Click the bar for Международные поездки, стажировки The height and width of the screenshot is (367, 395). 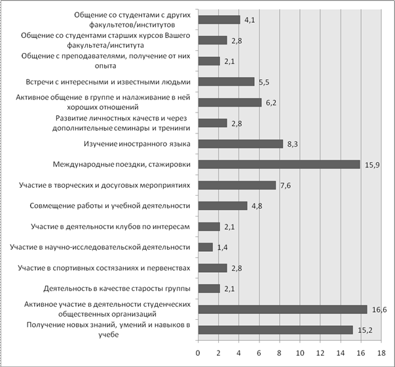pos(279,164)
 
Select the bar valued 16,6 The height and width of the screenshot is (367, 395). pos(282,309)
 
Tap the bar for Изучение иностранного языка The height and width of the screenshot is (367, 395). pos(240,144)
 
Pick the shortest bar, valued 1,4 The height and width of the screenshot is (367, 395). pos(206,247)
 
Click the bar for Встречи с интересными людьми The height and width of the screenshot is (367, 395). pos(226,82)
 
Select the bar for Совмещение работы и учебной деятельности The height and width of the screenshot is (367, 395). pos(223,206)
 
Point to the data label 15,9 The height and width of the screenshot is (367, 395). pos(372,165)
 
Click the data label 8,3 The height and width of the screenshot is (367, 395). pos(292,145)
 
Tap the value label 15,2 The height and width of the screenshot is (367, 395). pos(365,330)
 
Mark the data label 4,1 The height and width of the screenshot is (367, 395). pos(250,20)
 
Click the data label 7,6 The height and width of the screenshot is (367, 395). pos(286,186)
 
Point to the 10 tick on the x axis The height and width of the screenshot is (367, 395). pos(300,353)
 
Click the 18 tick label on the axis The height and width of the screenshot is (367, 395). pos(381,353)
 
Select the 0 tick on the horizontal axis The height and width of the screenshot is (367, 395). pos(198,353)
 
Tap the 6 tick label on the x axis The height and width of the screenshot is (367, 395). pos(259,353)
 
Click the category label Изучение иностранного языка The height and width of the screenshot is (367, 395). pos(137,144)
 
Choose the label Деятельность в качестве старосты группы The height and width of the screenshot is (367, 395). pos(117,288)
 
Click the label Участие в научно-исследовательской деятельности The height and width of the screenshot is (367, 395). pos(100,247)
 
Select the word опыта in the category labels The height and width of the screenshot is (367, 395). pos(105,66)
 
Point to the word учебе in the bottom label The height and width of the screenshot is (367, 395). pos(108,335)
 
